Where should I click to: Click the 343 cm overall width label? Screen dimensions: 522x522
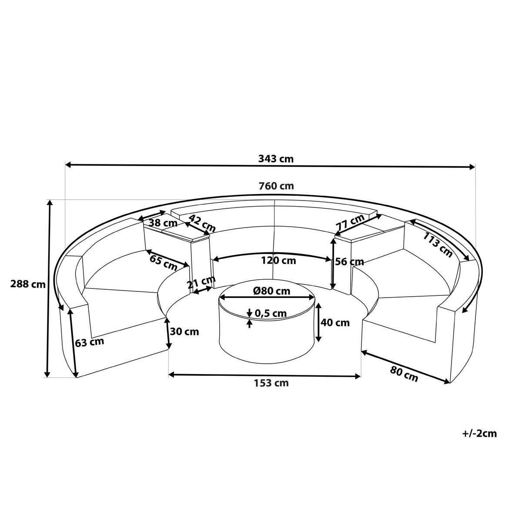click(276, 158)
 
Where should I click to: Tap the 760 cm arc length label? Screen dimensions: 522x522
click(276, 186)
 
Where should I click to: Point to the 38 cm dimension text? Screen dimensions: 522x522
click(163, 223)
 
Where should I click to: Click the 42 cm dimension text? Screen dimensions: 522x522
click(202, 223)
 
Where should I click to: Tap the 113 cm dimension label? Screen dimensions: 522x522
click(438, 245)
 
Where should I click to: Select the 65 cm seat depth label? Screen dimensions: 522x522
click(164, 262)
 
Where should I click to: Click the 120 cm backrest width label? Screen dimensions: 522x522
click(278, 261)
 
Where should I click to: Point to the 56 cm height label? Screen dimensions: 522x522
click(349, 262)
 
